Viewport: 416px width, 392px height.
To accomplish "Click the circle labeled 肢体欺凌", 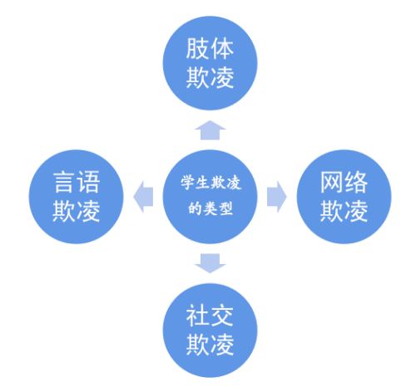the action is (210, 63).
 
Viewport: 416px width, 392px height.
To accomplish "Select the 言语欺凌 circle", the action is (76, 197).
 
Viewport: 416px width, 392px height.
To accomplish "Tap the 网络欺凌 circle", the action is (344, 197).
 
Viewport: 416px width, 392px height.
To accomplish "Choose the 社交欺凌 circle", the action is (210, 331).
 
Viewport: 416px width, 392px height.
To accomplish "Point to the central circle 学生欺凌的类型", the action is (210, 197).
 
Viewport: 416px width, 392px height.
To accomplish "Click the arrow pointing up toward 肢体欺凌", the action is (210, 130).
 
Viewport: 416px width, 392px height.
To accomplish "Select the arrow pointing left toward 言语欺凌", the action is (143, 197).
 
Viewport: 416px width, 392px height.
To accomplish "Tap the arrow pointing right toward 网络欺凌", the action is (277, 197).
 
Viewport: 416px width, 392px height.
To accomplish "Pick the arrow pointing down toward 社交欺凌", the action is (210, 263).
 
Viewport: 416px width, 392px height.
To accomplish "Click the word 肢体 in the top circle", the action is (210, 49).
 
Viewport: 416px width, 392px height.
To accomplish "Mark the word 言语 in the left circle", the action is (77, 182).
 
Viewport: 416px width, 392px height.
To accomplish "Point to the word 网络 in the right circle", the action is (344, 182).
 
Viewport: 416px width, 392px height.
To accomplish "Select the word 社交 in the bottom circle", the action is (210, 316).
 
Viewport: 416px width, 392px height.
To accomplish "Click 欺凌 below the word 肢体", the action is (210, 78).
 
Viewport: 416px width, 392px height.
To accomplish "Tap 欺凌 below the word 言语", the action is (77, 211).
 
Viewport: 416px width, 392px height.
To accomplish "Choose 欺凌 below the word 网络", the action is (344, 211).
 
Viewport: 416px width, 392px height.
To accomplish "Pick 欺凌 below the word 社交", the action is (210, 345).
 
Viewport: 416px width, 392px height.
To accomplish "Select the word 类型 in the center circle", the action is (218, 208).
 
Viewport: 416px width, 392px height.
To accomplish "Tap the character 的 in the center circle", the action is (196, 208).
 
